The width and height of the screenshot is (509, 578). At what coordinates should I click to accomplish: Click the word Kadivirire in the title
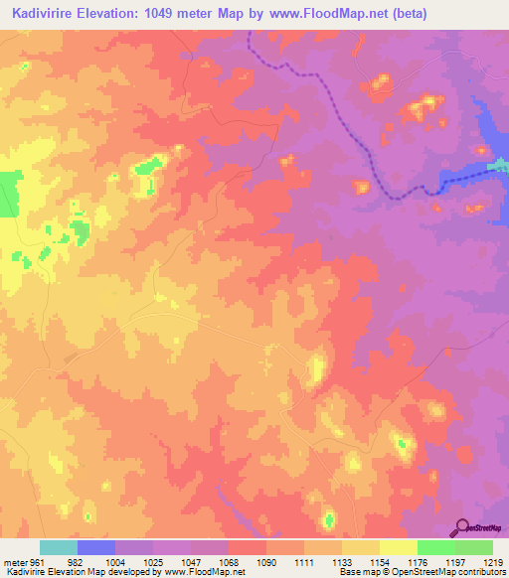pyautogui.click(x=46, y=14)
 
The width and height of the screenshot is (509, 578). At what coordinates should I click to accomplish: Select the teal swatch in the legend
pyautogui.click(x=59, y=547)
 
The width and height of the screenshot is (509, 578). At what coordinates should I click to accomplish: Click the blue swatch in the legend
pyautogui.click(x=96, y=547)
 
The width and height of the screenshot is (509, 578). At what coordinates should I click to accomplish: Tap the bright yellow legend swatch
pyautogui.click(x=399, y=547)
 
